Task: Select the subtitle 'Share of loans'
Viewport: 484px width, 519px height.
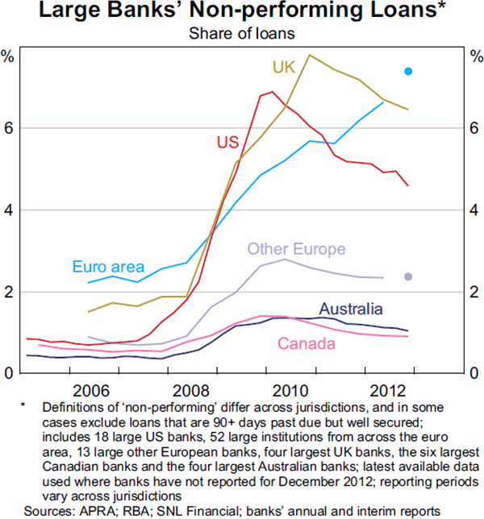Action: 241,33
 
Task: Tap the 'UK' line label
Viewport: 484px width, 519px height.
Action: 283,68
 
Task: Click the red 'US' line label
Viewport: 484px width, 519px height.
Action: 227,143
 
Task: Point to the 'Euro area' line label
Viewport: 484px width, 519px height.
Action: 107,267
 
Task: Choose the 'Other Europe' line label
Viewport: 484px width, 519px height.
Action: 296,249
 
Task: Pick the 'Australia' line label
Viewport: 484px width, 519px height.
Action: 351,309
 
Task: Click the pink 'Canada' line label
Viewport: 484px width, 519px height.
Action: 307,344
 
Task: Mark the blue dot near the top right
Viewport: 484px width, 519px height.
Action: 408,72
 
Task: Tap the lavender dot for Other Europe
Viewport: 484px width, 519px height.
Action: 408,277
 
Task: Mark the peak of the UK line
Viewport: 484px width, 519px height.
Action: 311,55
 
